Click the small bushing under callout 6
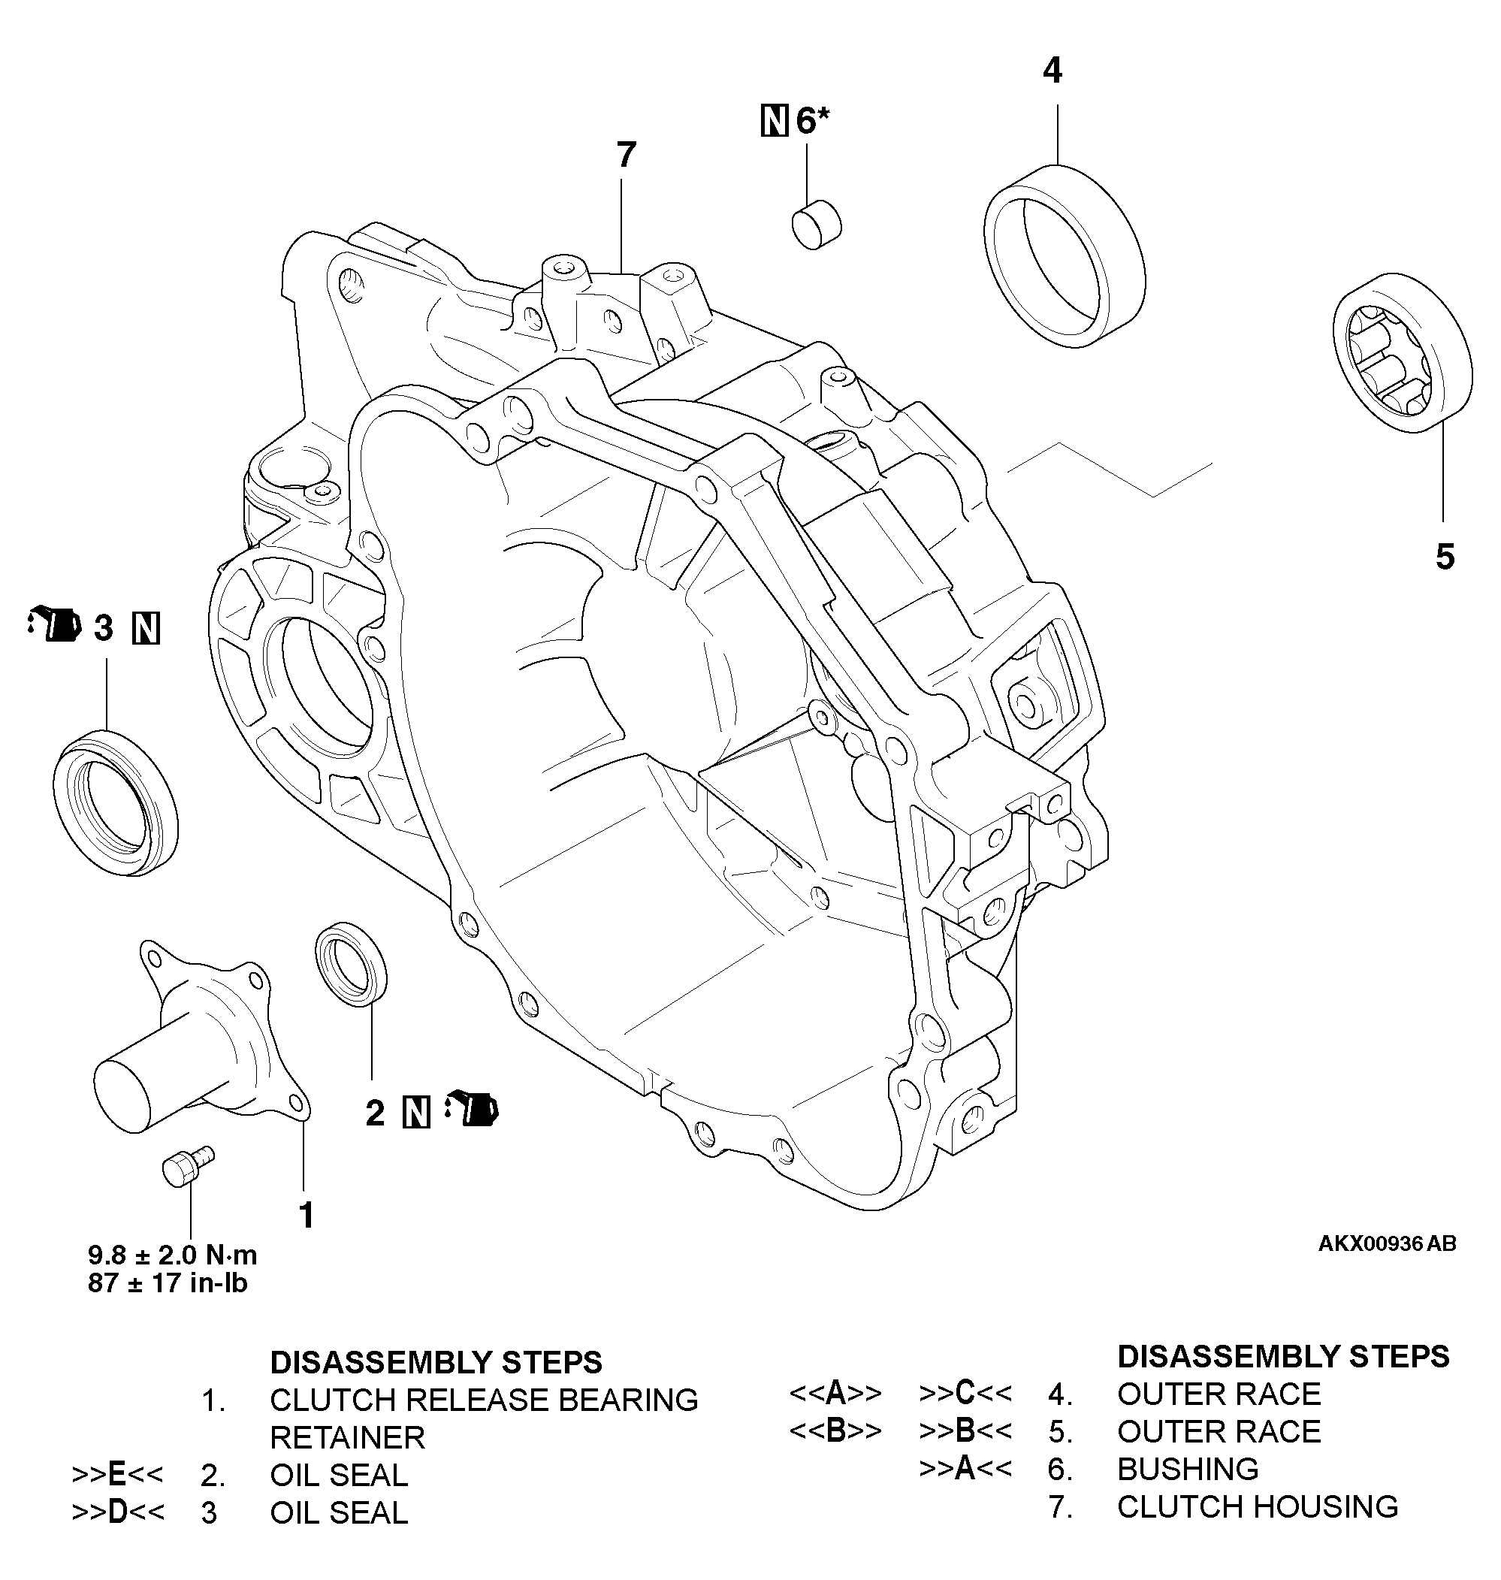pos(817,225)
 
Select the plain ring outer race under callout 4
pos(1064,256)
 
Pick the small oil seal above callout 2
pos(352,963)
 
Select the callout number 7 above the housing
pos(626,156)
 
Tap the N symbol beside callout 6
pos(774,121)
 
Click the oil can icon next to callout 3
pos(54,625)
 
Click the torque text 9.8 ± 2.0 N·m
pos(172,1255)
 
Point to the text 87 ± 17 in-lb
pos(168,1283)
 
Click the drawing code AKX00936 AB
pos(1387,1244)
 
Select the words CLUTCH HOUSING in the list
pos(1257,1506)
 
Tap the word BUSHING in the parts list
pos(1188,1469)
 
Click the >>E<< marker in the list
pos(116,1473)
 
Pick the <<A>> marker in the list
pos(835,1393)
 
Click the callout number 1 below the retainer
pos(306,1214)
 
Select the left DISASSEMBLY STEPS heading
pos(436,1361)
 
